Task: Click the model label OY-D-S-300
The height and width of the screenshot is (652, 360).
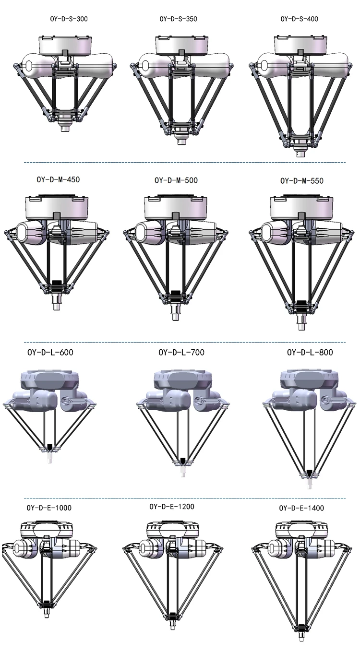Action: tap(69, 19)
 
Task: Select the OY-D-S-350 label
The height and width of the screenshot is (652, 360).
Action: tap(178, 19)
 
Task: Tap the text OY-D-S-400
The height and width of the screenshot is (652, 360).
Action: tap(299, 19)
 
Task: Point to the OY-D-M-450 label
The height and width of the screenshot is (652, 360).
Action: tap(58, 179)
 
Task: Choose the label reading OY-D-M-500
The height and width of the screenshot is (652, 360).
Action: tap(176, 180)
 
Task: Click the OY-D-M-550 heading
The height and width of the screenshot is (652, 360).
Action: tap(302, 181)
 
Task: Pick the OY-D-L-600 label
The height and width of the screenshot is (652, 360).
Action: tap(50, 352)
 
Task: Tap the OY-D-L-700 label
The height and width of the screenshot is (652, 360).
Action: tap(181, 352)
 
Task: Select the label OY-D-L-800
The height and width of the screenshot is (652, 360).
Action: tap(310, 352)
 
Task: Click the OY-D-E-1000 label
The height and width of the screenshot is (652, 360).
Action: tap(49, 508)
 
